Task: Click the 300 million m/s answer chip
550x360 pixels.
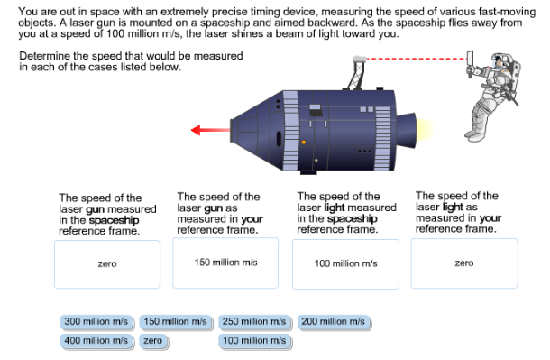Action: tap(98, 322)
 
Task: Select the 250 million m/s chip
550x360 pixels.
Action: tap(254, 322)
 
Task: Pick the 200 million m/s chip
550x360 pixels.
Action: tap(333, 322)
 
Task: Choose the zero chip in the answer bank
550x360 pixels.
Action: tap(152, 341)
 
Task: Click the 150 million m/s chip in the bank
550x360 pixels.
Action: tap(176, 322)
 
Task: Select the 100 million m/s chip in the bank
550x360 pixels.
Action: tap(254, 341)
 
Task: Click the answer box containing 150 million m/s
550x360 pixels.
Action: tap(226, 263)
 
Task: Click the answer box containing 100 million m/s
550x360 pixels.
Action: tap(345, 263)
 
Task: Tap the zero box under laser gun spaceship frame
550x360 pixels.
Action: tap(107, 263)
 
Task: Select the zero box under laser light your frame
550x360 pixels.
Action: tap(464, 263)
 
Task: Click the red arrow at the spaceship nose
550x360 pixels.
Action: tap(210, 130)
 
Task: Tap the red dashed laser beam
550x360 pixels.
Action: tap(415, 60)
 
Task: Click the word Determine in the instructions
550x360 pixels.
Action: tap(41, 56)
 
